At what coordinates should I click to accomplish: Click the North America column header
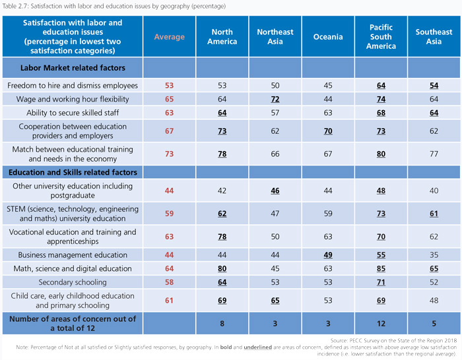222,37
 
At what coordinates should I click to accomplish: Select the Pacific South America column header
381,37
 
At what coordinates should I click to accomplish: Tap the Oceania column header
327,37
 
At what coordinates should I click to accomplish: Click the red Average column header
170,37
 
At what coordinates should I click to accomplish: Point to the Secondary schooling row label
72,282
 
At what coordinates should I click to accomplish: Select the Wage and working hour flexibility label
72,99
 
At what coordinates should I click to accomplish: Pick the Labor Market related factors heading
73,68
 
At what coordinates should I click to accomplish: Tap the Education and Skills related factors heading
73,172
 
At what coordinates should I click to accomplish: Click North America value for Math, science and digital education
222,268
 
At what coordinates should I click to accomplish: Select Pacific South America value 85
381,268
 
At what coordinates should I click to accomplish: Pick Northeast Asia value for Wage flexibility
275,99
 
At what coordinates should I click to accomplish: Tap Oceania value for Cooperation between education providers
327,131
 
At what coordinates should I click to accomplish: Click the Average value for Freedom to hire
170,86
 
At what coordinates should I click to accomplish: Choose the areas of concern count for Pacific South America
381,324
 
